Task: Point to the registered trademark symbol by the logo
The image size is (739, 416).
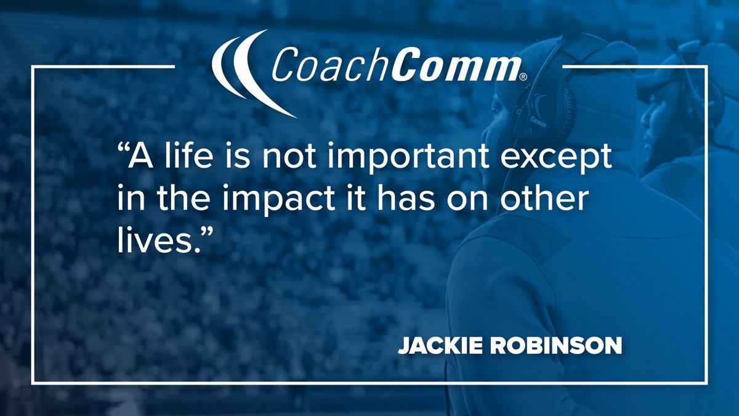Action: coord(523,77)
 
